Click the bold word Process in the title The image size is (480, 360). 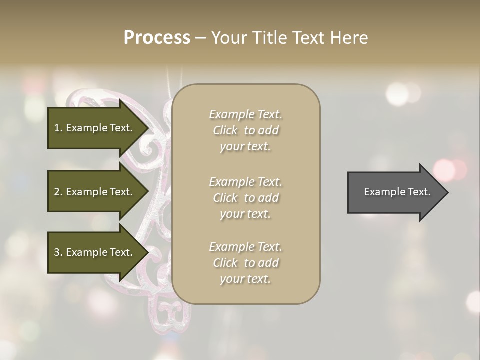157,37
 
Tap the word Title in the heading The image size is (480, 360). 268,38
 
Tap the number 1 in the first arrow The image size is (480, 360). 57,128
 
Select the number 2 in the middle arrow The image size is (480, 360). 57,192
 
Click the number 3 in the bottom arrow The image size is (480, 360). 57,252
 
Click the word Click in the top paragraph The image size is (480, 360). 225,131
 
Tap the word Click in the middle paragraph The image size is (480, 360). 225,198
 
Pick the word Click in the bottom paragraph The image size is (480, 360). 225,263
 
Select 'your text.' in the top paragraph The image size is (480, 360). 245,147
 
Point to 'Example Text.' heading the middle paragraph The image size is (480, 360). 245,182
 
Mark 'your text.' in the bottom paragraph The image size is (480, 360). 245,279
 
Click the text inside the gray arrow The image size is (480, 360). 397,192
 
